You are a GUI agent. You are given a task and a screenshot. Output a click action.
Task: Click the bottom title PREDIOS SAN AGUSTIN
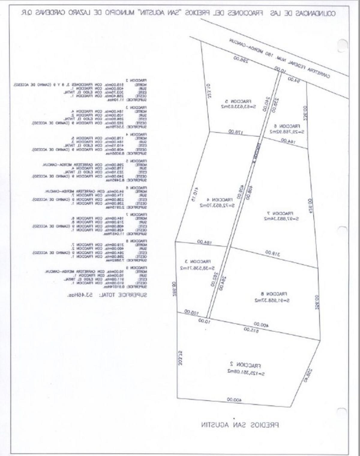[x=240, y=425]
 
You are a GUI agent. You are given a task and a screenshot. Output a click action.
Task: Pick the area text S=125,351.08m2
[x=246, y=373]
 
